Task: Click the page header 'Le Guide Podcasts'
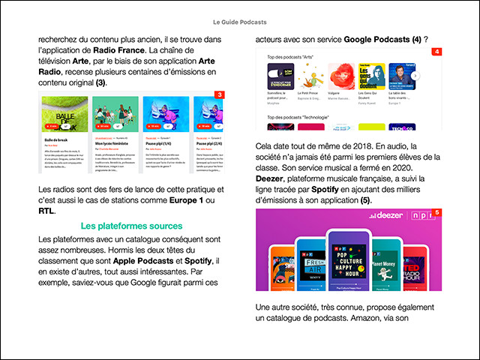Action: pyautogui.click(x=239, y=22)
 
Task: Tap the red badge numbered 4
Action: pyautogui.click(x=436, y=52)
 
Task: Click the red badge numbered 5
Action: pyautogui.click(x=436, y=214)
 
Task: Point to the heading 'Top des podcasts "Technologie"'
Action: pyautogui.click(x=299, y=117)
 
